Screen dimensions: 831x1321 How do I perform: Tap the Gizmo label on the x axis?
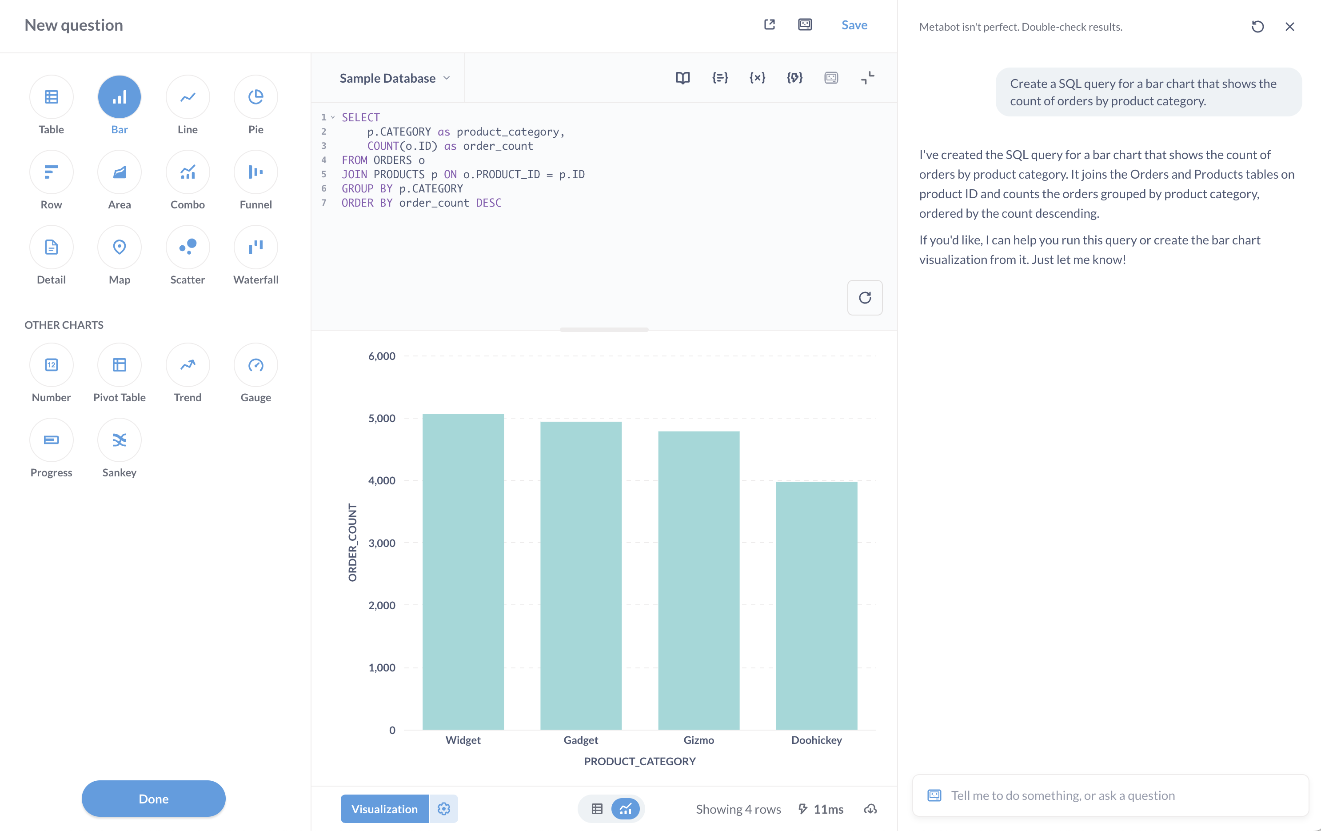coord(698,740)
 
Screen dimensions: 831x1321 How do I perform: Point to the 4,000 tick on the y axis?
coord(381,480)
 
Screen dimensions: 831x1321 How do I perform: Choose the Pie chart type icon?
coord(255,97)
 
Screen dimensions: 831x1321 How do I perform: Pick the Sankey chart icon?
coord(119,440)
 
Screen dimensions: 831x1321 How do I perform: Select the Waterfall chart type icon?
coord(255,248)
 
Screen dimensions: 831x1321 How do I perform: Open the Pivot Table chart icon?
coord(119,365)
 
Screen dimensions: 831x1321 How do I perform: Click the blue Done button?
coord(154,799)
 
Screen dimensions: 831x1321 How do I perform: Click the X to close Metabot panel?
coord(1290,27)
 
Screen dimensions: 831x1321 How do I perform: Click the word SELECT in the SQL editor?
coord(360,117)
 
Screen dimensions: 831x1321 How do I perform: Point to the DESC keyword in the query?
coord(488,203)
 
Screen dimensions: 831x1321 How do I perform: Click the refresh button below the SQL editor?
coord(865,298)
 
